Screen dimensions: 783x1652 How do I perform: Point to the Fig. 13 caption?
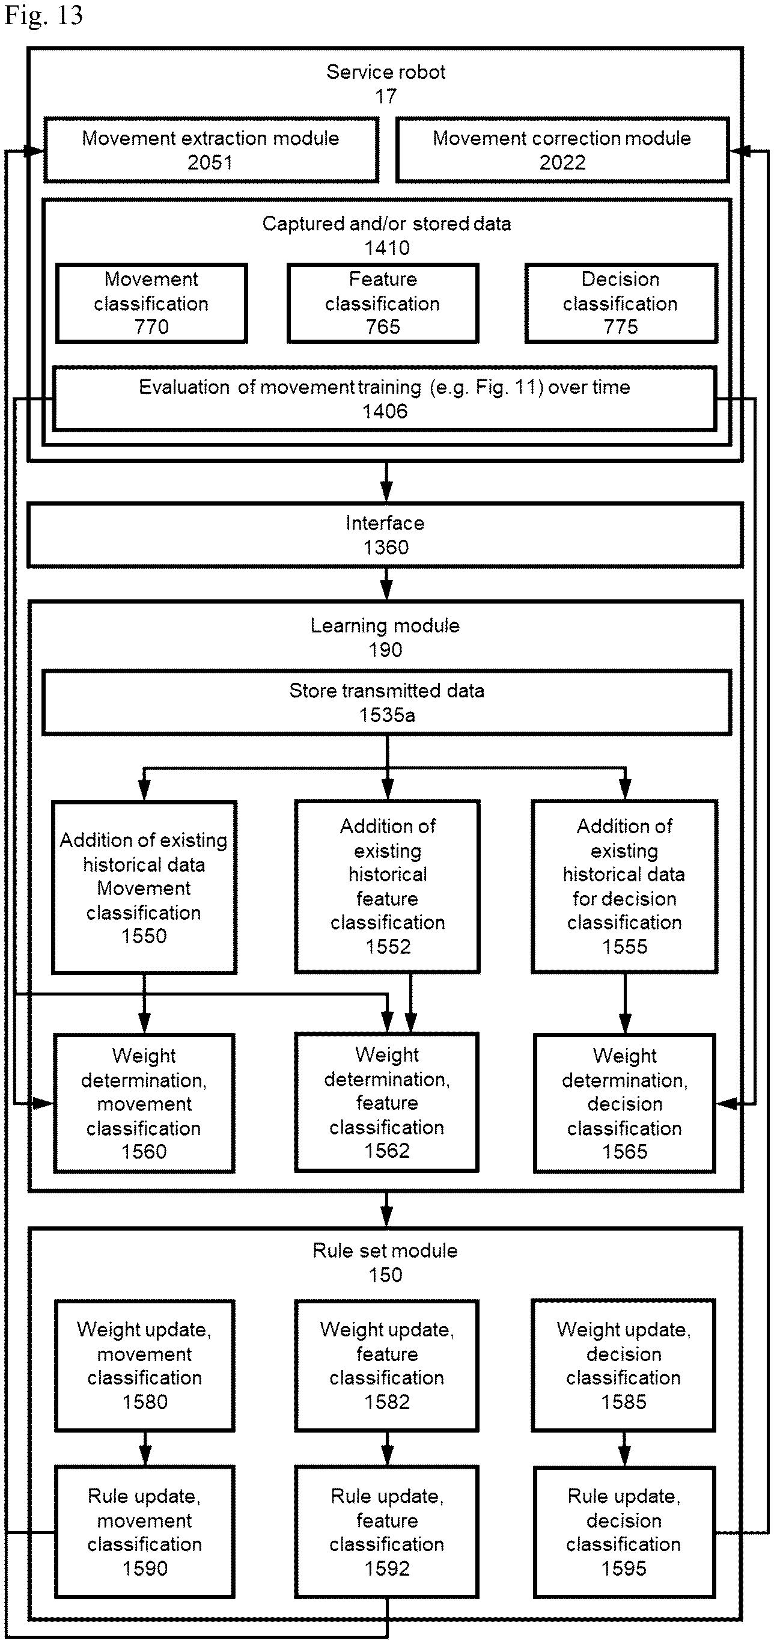44,16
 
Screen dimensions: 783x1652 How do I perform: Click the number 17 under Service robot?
386,96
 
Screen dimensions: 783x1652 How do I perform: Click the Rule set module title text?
385,1250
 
